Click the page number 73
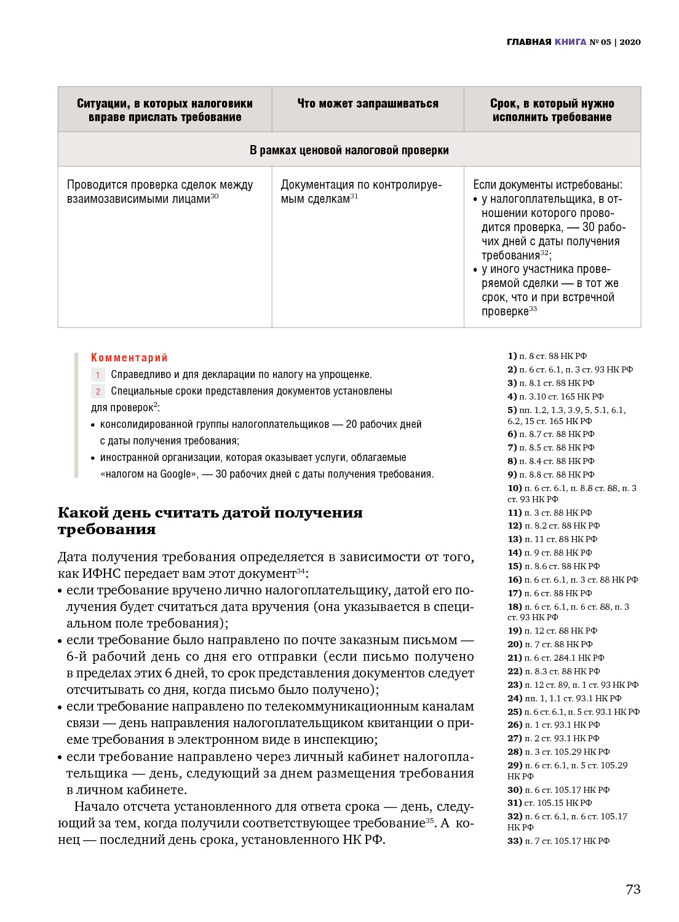[633, 889]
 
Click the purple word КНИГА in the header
[570, 42]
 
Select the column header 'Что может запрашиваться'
[368, 104]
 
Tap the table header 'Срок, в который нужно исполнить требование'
[552, 110]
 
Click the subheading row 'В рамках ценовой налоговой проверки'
[349, 150]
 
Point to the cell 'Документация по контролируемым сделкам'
[361, 191]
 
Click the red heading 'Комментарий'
[129, 358]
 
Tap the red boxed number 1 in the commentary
[98, 374]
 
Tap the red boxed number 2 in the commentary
[98, 391]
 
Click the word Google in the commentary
[175, 474]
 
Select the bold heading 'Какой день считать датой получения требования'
[210, 521]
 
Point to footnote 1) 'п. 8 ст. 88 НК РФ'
[547, 356]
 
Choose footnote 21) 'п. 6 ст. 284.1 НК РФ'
[556, 658]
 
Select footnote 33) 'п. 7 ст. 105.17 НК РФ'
[558, 841]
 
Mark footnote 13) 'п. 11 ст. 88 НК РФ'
[552, 539]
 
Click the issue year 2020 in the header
[630, 42]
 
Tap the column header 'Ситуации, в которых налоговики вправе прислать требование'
[165, 110]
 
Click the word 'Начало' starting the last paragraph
[96, 806]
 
